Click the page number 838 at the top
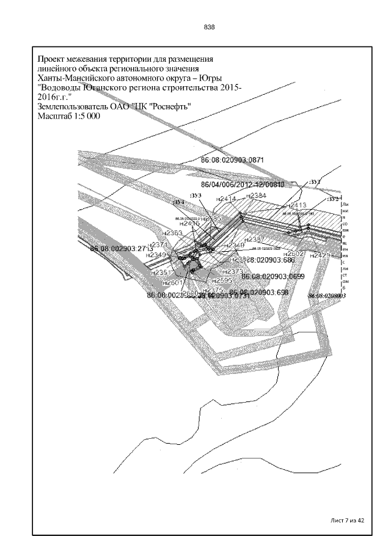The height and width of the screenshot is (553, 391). point(209,27)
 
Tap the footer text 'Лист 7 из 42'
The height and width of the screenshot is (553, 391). point(346,520)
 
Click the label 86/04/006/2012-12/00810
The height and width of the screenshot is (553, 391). point(243,184)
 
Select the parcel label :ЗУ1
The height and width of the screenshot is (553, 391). point(315,182)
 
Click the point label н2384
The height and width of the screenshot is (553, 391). point(255,196)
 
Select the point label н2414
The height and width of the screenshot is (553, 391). point(226,199)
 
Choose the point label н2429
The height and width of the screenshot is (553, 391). point(321,255)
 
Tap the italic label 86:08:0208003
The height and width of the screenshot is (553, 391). point(327,296)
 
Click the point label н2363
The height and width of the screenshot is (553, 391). point(173,233)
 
